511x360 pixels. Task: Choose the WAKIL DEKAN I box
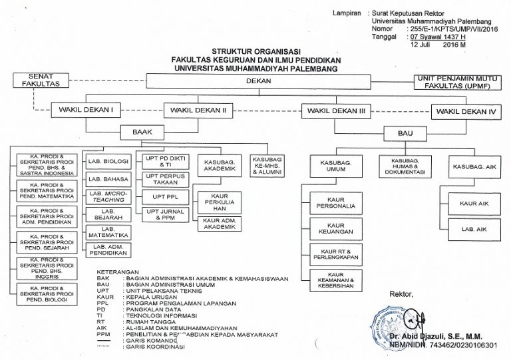(x=86, y=109)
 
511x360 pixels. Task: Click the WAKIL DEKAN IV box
(x=465, y=112)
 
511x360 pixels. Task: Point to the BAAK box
(x=142, y=132)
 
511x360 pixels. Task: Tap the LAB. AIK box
(x=474, y=229)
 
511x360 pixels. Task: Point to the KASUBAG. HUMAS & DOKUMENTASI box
(x=404, y=166)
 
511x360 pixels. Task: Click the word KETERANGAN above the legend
(x=114, y=272)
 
